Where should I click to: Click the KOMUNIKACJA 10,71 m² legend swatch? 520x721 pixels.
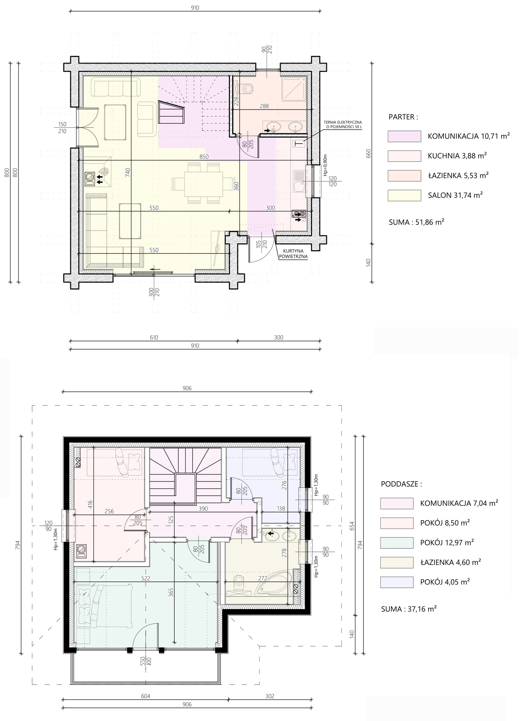click(x=404, y=136)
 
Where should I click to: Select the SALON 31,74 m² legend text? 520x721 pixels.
click(x=455, y=195)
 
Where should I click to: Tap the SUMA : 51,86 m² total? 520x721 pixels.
click(x=416, y=222)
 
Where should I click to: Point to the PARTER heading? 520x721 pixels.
click(x=403, y=117)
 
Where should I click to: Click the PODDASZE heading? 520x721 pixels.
click(x=401, y=484)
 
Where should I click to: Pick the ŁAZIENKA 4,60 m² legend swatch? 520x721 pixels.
click(x=397, y=562)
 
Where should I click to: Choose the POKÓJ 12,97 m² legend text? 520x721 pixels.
click(x=447, y=543)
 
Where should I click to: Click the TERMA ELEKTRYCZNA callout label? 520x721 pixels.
click(x=343, y=124)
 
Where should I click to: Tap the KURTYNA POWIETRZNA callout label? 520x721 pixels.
click(x=293, y=253)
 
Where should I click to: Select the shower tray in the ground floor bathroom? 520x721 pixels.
click(x=294, y=89)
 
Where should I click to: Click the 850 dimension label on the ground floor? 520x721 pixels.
click(x=204, y=156)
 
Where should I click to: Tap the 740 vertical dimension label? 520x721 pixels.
click(x=128, y=173)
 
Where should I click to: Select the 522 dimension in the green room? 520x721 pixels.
click(x=146, y=578)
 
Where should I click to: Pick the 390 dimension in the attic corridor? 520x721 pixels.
click(x=203, y=509)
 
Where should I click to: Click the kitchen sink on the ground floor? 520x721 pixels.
click(x=299, y=181)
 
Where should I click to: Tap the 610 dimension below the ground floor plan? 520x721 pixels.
click(x=154, y=337)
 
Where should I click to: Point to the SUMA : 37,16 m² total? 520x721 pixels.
click(x=409, y=609)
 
